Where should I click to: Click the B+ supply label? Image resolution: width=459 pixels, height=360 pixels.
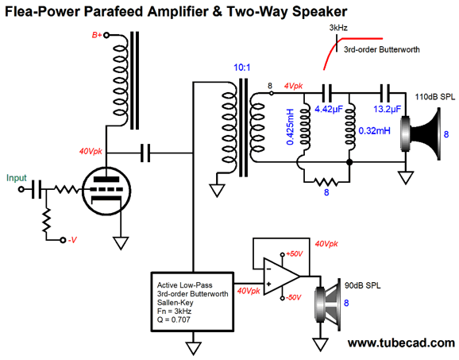click(x=97, y=35)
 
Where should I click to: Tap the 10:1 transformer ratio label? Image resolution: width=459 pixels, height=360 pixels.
click(x=241, y=68)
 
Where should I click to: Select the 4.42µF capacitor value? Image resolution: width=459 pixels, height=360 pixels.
click(x=329, y=109)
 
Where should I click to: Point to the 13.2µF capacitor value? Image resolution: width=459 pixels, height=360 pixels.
click(x=387, y=109)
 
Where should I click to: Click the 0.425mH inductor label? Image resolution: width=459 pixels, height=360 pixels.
click(x=290, y=127)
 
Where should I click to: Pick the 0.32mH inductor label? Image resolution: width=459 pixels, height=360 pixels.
click(x=374, y=130)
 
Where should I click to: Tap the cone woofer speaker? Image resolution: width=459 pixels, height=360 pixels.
click(x=327, y=304)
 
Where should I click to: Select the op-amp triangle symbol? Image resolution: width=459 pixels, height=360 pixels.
click(x=281, y=277)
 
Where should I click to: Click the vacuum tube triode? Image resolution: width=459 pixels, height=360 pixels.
click(x=106, y=191)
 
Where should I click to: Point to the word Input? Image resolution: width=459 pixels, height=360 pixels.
click(x=17, y=178)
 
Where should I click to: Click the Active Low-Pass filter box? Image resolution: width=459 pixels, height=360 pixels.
click(x=192, y=302)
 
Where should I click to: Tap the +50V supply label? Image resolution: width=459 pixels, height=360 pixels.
click(x=294, y=254)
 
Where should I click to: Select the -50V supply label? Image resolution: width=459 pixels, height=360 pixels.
click(x=294, y=297)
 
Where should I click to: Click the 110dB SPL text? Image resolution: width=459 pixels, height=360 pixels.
click(x=435, y=97)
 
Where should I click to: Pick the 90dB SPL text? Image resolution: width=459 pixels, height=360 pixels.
click(x=363, y=285)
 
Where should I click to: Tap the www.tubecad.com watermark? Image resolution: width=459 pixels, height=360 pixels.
click(x=401, y=343)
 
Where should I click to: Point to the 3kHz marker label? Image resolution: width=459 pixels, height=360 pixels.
click(x=338, y=28)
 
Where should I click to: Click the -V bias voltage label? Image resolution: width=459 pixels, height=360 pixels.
click(x=72, y=240)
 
